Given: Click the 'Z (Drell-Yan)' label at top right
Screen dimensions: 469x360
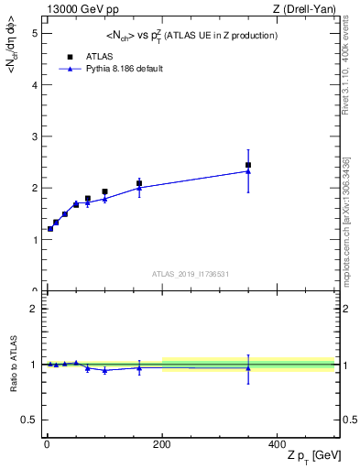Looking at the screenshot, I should (303, 9).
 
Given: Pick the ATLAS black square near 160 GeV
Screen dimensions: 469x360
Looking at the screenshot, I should (139, 183).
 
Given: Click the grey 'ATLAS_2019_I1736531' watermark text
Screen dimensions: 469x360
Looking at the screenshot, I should (190, 274).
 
